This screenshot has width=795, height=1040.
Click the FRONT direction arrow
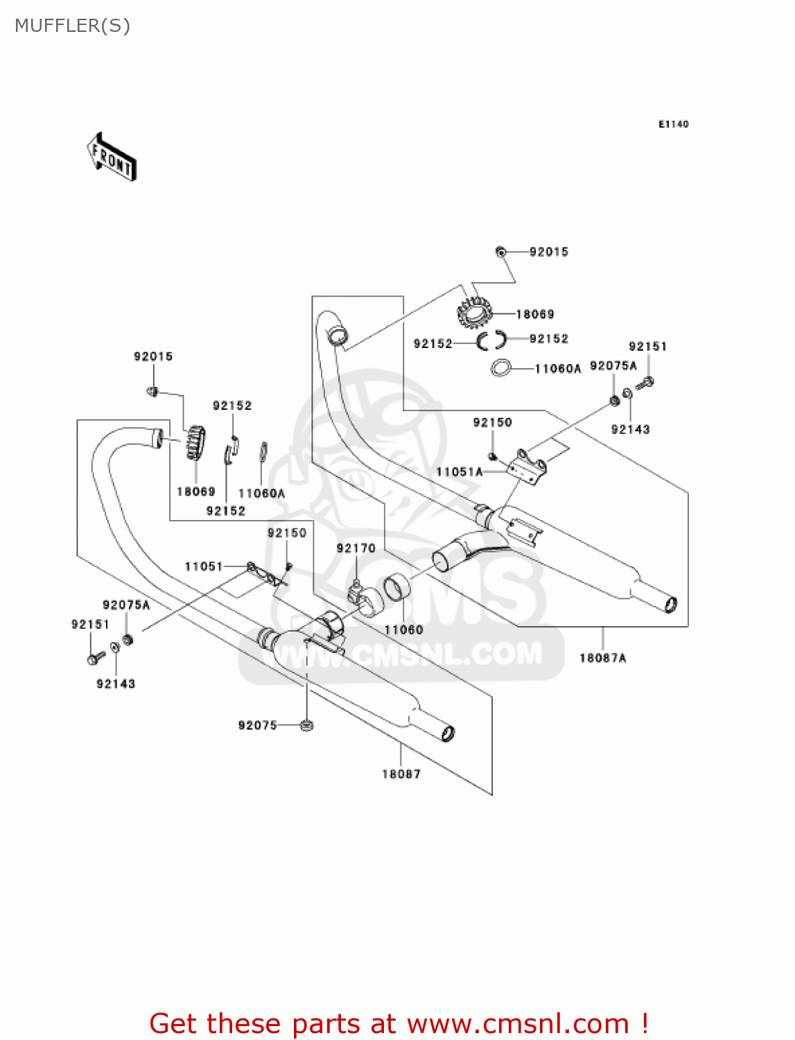point(112,157)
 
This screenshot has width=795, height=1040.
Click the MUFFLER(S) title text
point(72,26)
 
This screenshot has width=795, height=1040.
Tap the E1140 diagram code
point(673,124)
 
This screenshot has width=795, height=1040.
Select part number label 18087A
point(602,658)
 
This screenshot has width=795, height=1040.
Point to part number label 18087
point(401,774)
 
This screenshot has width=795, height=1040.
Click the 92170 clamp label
point(356,548)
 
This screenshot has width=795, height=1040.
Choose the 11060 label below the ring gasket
point(403,630)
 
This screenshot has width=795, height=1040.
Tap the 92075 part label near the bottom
point(257,725)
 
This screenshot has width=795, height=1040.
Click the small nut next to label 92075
point(306,725)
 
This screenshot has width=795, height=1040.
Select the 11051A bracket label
point(459,472)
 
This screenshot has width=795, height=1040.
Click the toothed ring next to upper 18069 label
point(475,313)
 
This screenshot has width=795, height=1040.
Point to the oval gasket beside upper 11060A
point(501,368)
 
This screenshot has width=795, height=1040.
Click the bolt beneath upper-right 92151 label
point(646,382)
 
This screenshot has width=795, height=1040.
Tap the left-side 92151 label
point(90,624)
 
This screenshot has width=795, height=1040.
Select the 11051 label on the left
point(203,566)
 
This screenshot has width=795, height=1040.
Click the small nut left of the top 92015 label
point(500,252)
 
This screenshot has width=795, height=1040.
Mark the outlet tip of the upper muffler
point(670,605)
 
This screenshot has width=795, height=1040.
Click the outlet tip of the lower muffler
point(448,732)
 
